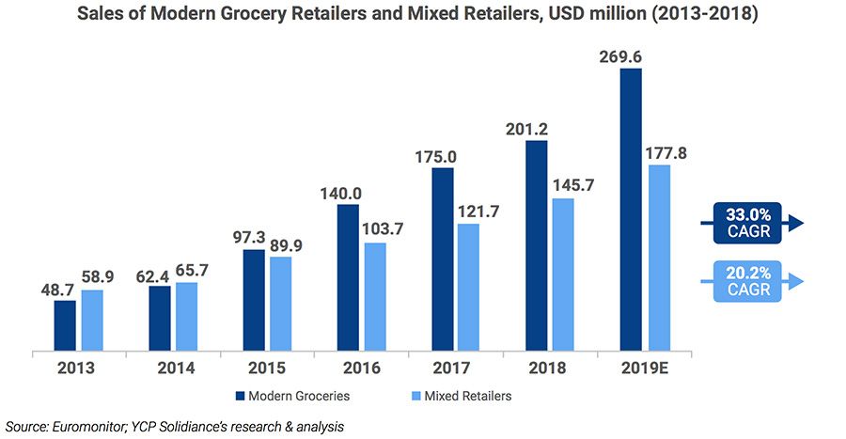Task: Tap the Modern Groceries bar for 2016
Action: pos(348,278)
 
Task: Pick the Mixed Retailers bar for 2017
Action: pos(468,288)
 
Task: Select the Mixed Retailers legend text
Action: pos(468,396)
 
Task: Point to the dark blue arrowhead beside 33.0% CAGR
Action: pos(796,223)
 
